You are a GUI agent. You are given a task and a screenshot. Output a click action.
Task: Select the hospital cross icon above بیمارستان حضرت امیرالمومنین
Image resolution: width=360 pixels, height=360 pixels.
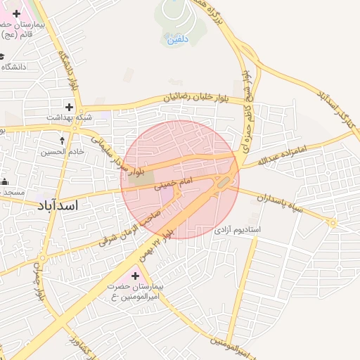136,276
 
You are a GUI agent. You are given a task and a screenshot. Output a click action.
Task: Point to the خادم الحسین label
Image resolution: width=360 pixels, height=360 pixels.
62,151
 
